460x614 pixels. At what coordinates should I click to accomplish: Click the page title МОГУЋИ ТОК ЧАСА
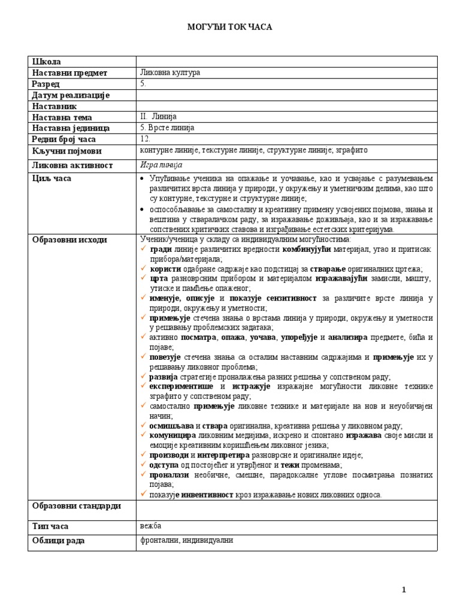[x=230, y=28]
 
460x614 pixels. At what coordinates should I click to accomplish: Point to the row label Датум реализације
[x=70, y=95]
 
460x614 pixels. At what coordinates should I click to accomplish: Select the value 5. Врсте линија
[x=167, y=128]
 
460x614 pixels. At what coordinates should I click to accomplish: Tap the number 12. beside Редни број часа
[x=146, y=139]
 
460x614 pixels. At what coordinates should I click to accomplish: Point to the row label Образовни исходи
[x=69, y=240]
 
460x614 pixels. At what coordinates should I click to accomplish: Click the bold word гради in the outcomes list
[x=161, y=249]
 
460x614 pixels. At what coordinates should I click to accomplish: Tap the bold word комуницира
[x=172, y=435]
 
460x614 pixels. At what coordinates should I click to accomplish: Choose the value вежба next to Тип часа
[x=150, y=526]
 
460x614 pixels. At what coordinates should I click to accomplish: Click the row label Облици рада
[x=58, y=541]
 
